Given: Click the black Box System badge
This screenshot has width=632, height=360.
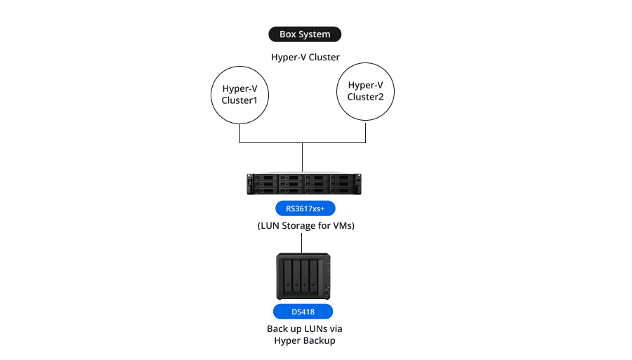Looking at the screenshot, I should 305,34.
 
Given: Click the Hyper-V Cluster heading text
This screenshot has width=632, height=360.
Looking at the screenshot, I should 305,57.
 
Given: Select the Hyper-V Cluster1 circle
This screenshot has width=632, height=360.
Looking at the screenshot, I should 241,94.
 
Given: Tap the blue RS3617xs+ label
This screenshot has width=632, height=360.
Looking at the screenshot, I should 305,208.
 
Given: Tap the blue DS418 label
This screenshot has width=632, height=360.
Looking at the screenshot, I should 303,312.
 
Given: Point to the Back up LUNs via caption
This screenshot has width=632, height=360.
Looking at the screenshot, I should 304,328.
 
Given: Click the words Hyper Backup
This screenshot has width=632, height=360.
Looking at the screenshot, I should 304,340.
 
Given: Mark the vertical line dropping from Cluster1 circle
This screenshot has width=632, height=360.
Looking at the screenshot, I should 241,133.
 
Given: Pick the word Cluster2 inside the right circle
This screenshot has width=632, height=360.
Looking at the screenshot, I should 365,97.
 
